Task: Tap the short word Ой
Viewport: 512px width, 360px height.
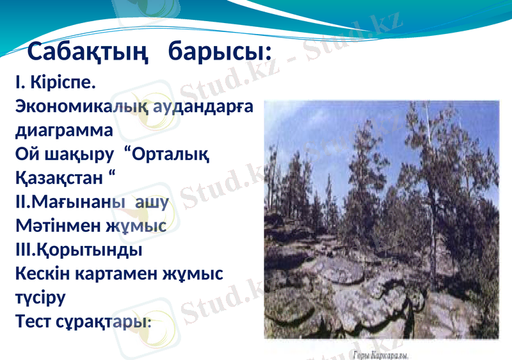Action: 26,154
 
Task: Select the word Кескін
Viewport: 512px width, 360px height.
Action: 41,274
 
